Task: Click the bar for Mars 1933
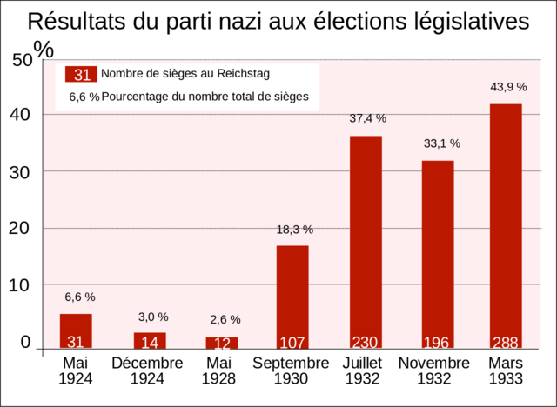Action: [506, 226]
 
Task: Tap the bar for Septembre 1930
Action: [292, 296]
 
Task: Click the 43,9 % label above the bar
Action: [508, 87]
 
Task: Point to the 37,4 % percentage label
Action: [367, 118]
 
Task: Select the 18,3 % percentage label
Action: [294, 230]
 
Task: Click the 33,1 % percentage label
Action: [441, 143]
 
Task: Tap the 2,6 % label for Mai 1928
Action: [222, 320]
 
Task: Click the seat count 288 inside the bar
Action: [506, 342]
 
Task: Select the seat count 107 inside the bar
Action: [292, 342]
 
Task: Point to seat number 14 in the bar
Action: [150, 342]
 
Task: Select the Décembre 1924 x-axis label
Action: [147, 370]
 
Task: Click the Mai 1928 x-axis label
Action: [219, 370]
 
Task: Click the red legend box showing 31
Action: [82, 74]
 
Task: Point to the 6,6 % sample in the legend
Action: [84, 97]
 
